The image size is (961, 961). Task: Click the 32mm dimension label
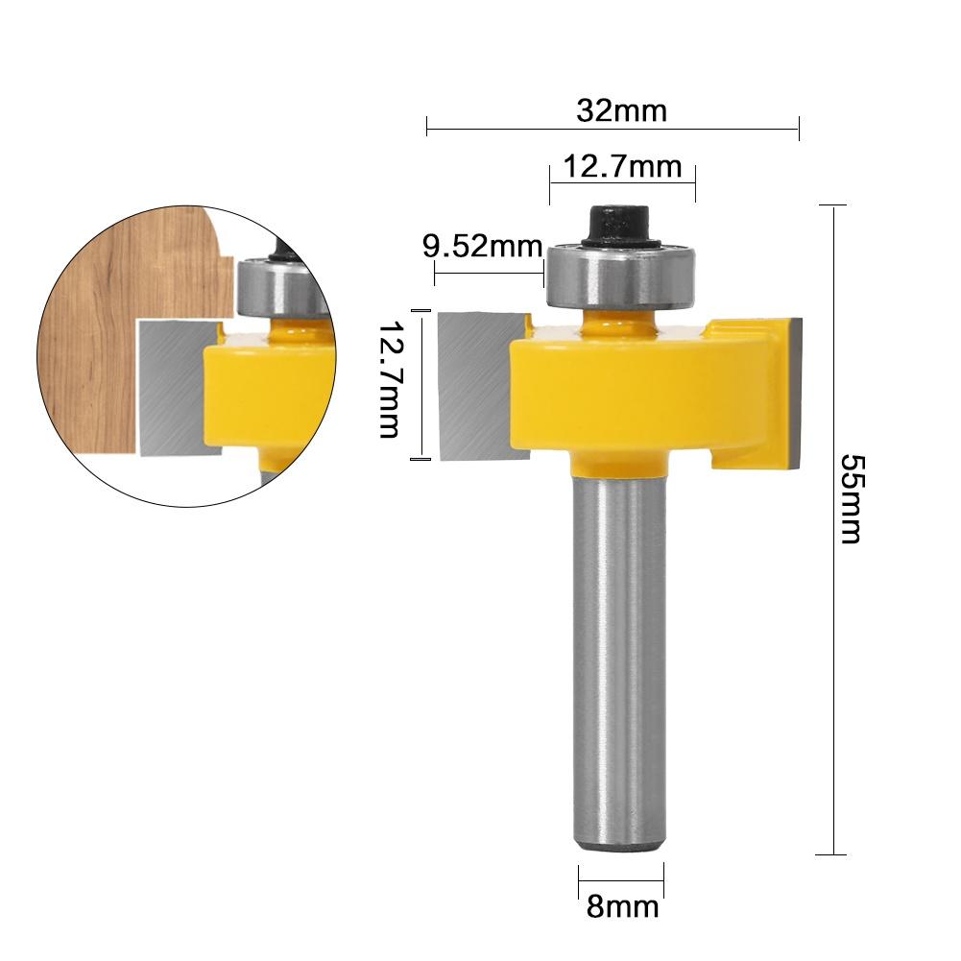(621, 110)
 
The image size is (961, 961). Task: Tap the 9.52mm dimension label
(483, 247)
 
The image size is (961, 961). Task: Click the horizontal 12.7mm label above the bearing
(621, 167)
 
